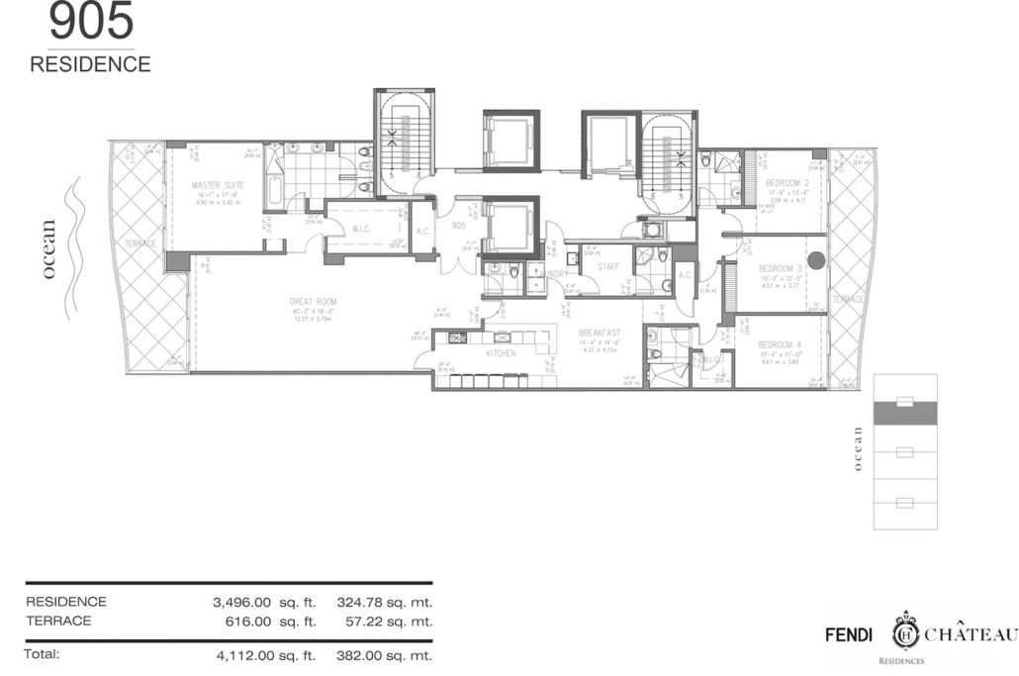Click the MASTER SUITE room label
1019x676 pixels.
click(x=218, y=184)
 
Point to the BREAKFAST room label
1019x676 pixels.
click(x=600, y=333)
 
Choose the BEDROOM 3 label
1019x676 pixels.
click(x=781, y=268)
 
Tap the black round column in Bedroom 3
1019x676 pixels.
click(x=816, y=261)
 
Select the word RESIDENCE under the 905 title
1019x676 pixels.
click(x=91, y=65)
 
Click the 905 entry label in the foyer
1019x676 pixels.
click(x=457, y=225)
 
